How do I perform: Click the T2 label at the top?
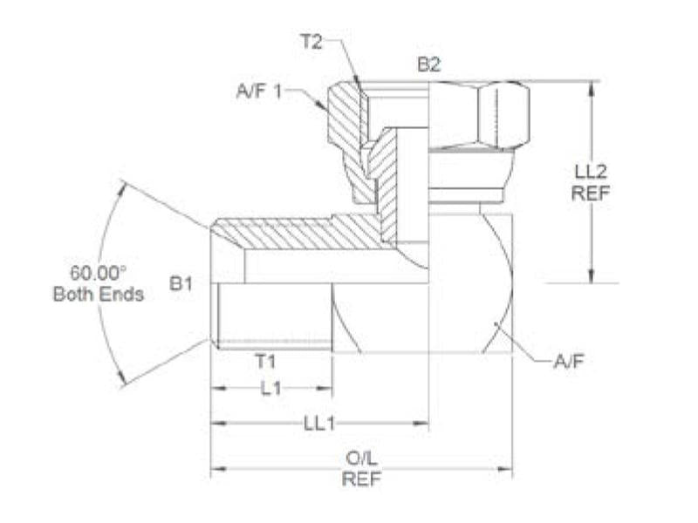click(x=311, y=40)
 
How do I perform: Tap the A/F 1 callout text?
click(x=259, y=91)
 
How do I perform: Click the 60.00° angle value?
click(x=98, y=273)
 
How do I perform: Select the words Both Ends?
click(x=98, y=294)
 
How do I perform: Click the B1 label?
click(x=181, y=282)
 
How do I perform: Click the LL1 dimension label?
click(x=319, y=423)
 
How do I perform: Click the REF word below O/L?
click(x=361, y=479)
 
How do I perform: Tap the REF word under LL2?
click(x=591, y=193)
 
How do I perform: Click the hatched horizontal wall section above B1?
click(x=301, y=233)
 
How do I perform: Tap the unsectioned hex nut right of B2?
click(x=480, y=114)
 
